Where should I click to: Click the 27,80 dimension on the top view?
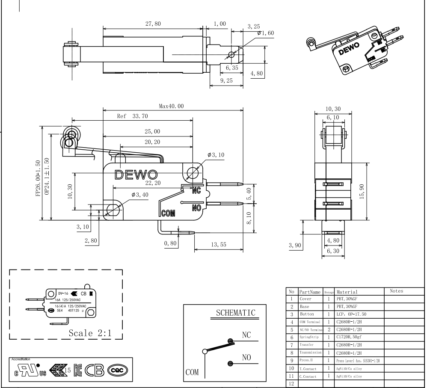[153, 24]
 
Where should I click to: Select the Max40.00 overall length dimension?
[171, 106]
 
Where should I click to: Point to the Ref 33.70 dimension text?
[132, 116]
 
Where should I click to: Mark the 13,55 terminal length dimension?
[218, 244]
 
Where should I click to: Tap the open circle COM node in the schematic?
[205, 351]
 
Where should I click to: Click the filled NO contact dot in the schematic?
[231, 364]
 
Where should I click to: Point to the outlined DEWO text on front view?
[136, 175]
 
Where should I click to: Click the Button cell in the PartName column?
[307, 314]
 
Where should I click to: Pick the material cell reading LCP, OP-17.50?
[352, 314]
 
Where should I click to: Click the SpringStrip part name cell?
[309, 338]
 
